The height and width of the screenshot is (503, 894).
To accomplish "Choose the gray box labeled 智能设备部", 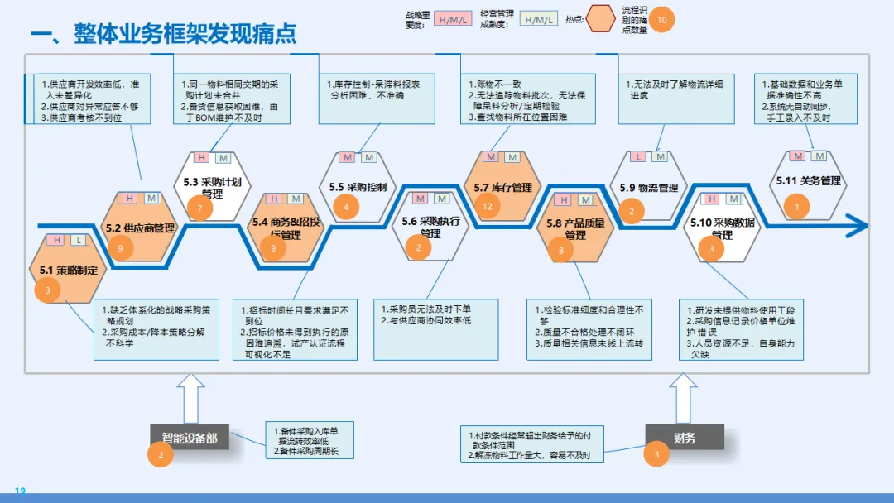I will pyautogui.click(x=189, y=438).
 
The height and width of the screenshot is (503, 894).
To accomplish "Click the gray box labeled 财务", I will pyautogui.click(x=684, y=438).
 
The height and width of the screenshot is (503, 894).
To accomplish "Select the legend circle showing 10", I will pyautogui.click(x=661, y=19).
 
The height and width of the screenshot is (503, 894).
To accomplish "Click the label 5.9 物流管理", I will pyautogui.click(x=649, y=188).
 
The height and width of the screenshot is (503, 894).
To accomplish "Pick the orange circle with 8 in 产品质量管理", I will pyautogui.click(x=561, y=250).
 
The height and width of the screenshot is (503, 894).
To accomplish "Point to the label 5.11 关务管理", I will pyautogui.click(x=808, y=180).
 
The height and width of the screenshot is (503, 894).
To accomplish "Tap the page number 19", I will pyautogui.click(x=20, y=491).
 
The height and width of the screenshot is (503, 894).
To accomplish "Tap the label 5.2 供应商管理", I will pyautogui.click(x=140, y=228).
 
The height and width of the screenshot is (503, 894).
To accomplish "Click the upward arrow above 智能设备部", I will pyautogui.click(x=190, y=398).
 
